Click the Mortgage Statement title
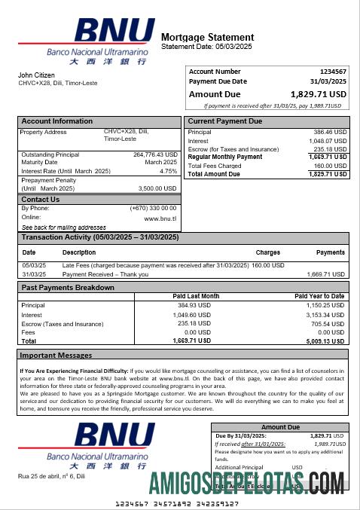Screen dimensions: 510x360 [x=208, y=37]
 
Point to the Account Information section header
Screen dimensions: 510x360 [x=57, y=121]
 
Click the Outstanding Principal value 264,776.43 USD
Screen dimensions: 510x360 [x=154, y=154]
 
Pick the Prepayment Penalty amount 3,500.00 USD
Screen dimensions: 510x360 [x=157, y=188]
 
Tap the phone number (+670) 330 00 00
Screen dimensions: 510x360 [x=153, y=208]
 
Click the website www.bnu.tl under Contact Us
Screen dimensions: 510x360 [x=160, y=218]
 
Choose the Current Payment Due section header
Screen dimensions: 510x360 [x=225, y=121]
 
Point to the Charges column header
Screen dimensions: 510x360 [x=268, y=252]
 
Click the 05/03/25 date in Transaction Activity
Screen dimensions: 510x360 [x=34, y=265]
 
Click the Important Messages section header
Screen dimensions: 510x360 [x=56, y=355]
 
